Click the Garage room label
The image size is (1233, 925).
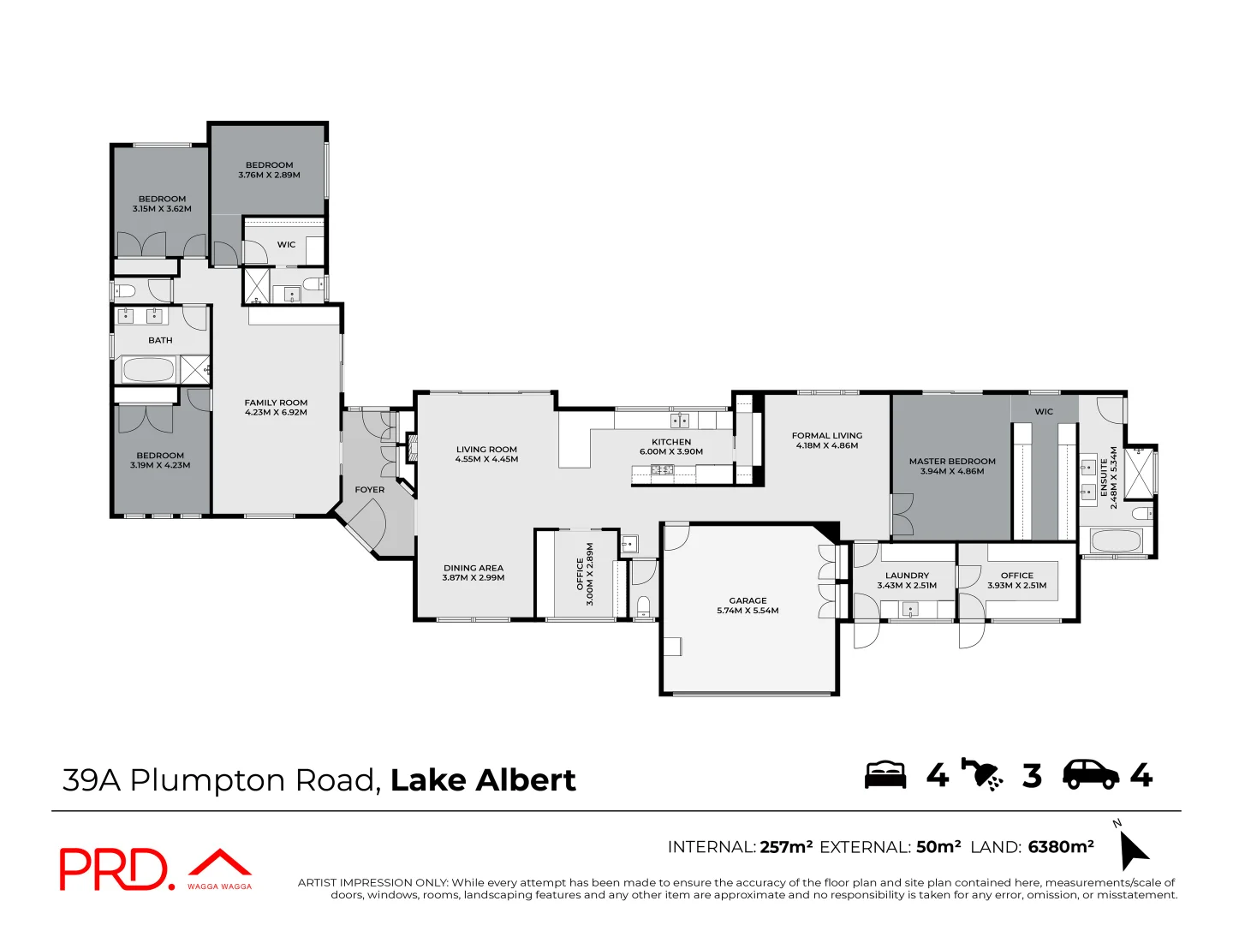(748, 606)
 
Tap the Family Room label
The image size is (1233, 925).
(276, 407)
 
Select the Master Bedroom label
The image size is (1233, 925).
(952, 466)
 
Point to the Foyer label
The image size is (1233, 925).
(370, 490)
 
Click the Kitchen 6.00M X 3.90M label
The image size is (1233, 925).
(671, 446)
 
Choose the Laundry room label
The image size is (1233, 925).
(907, 580)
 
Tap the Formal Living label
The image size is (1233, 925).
(827, 440)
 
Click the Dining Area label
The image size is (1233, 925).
(473, 572)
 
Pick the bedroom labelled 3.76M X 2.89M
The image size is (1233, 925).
(269, 170)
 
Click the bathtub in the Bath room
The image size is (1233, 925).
(148, 370)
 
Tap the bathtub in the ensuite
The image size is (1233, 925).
(1116, 540)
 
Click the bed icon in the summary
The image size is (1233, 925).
(885, 775)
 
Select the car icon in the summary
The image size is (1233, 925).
(1091, 775)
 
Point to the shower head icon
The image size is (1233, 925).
(982, 775)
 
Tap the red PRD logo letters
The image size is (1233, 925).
(115, 868)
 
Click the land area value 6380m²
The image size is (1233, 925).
(1061, 846)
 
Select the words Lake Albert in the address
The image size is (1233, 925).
(483, 780)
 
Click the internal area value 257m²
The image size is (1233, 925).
(786, 846)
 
